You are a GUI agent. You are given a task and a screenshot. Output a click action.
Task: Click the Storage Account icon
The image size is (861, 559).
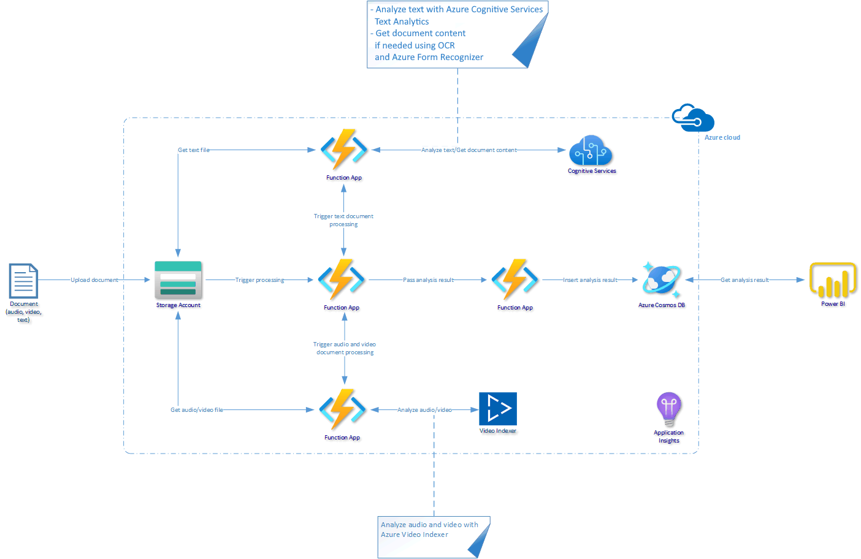coord(178,280)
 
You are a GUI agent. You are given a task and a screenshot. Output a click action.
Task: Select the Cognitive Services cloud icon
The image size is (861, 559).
coord(591,151)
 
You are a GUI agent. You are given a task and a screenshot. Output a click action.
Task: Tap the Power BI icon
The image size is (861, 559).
coord(833,280)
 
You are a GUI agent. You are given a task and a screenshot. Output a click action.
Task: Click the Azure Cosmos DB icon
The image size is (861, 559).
coord(661,280)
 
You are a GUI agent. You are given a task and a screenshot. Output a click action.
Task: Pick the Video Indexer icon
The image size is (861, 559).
coord(497,409)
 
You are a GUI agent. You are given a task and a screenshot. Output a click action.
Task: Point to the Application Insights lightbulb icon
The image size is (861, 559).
coord(668,409)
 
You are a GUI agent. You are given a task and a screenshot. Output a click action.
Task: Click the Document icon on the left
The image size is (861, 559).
coord(23,281)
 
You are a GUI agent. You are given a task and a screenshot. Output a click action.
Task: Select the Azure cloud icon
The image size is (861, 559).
coord(693,118)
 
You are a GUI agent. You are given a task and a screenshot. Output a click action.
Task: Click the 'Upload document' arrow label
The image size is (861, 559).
coord(94,280)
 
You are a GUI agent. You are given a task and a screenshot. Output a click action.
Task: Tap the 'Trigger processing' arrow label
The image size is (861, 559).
coord(259,280)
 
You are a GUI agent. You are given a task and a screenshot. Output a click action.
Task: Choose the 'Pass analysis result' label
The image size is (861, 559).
coord(428,280)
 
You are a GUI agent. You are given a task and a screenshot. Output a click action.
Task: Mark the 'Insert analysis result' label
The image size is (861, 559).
coord(590,280)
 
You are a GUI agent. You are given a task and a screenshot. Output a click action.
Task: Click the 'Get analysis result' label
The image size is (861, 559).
coord(744,280)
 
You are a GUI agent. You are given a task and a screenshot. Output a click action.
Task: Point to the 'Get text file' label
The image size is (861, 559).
coord(193,150)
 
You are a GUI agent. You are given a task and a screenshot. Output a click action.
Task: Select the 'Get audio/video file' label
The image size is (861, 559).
coord(196,410)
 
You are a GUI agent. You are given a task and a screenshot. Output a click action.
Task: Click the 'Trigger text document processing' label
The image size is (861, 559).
coord(343,220)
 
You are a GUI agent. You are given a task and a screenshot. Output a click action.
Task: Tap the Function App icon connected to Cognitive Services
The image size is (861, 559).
coord(344,150)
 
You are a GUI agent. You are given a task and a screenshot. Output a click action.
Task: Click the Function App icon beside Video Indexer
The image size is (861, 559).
coord(342,409)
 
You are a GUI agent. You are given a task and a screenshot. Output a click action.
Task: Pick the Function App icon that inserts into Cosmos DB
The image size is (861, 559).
coord(515,279)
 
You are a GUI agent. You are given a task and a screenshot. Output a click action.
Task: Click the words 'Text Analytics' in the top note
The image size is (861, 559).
coord(402,21)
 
